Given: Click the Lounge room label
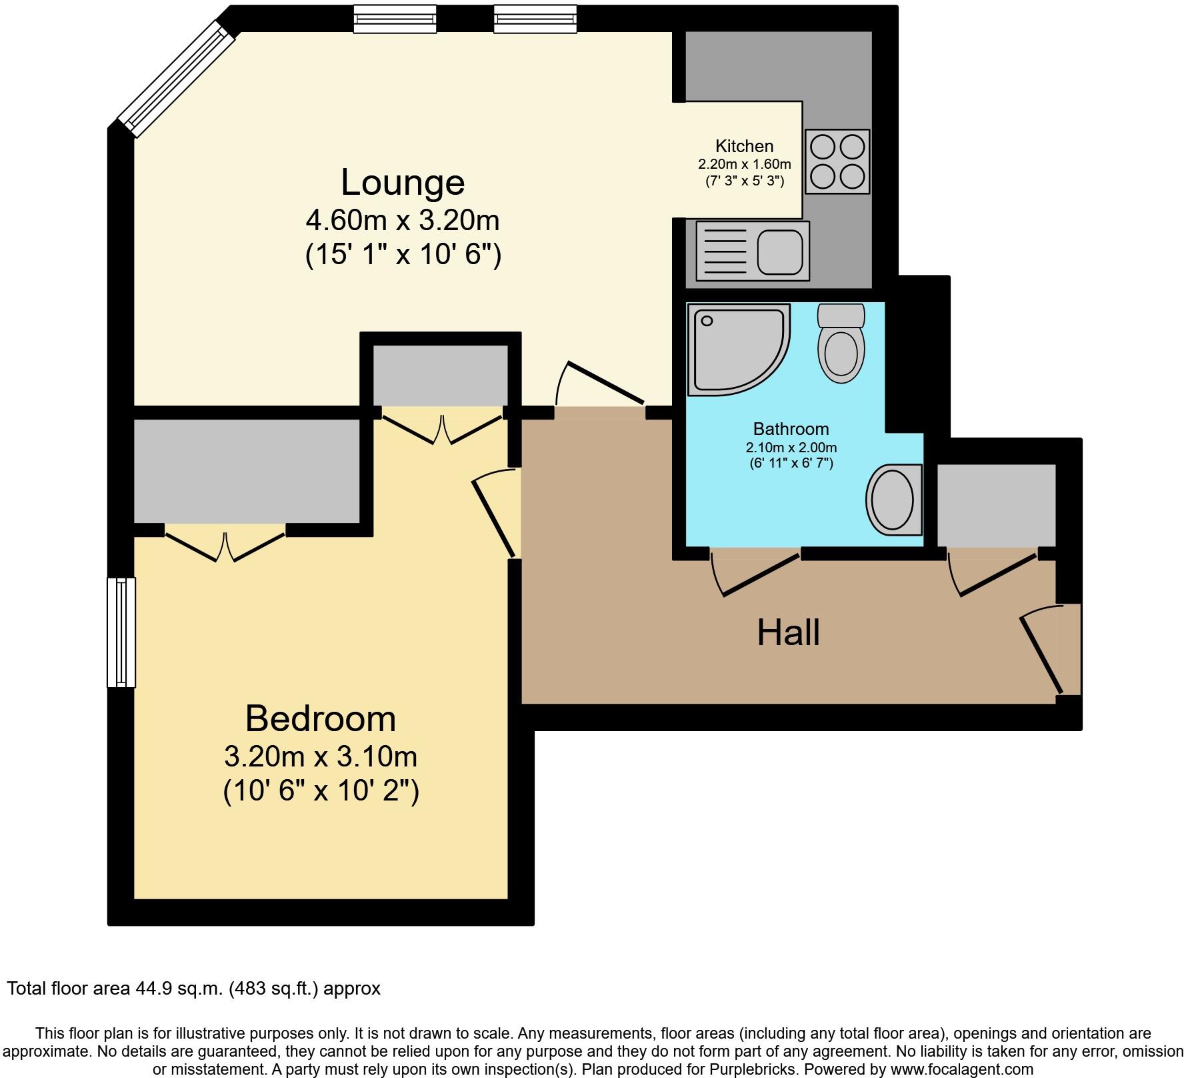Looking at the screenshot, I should (x=403, y=183).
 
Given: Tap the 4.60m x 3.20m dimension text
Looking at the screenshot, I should (x=403, y=220).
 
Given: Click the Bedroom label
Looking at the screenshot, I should (x=321, y=719).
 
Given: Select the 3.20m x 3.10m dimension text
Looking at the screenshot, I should (x=321, y=756).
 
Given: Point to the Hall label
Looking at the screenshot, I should (x=788, y=632).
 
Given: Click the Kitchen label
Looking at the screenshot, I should (x=744, y=146).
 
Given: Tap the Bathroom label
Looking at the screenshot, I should (x=791, y=429).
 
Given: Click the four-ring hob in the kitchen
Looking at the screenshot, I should (x=838, y=161).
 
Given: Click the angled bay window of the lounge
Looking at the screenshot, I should (x=177, y=79).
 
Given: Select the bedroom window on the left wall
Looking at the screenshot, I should (x=121, y=632).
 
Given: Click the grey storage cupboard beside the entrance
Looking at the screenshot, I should (x=996, y=505).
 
